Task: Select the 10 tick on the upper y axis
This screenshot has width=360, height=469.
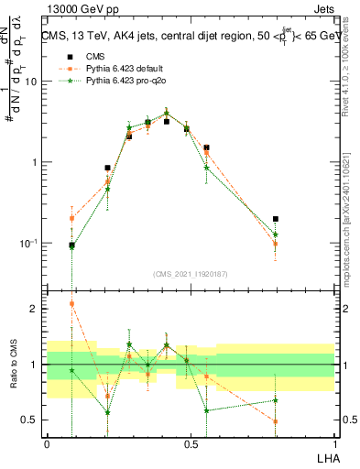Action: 31,82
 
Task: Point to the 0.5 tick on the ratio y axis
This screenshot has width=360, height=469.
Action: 31,420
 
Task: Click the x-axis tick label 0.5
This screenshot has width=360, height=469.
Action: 191,443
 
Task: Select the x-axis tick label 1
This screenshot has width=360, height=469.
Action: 334,443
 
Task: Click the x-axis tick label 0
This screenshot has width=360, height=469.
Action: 47,443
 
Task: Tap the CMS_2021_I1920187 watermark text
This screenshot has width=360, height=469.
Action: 191,273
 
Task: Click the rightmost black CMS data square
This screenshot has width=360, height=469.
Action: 276,220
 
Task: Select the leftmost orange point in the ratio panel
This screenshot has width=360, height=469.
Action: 72,303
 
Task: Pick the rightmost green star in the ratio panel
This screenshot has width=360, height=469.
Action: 276,400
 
